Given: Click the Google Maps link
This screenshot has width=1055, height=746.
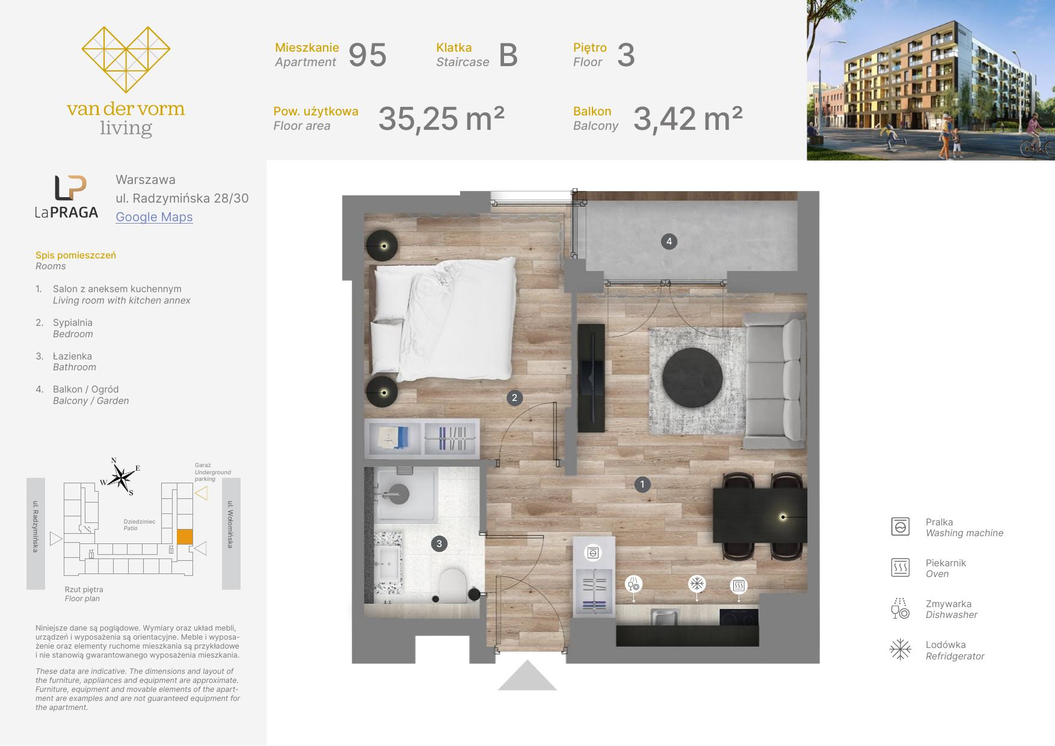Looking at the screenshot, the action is point(154,217).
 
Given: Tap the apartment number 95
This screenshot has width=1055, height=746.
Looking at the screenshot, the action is point(368,55).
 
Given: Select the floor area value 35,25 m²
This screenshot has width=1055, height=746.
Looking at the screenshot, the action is point(441,118).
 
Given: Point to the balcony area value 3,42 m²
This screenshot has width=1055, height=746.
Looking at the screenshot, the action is point(687,118).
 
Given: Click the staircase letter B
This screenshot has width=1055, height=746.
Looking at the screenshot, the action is point(508,55).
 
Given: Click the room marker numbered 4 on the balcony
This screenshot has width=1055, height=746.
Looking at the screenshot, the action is point(669,242).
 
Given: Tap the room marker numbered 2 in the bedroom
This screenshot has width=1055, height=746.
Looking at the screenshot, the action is point(514,397).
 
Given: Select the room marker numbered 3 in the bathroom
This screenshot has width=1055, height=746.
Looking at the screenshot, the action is point(439,544).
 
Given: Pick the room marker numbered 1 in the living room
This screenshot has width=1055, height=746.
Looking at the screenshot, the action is point(642,485).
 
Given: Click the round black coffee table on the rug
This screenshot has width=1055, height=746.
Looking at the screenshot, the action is point(692,377).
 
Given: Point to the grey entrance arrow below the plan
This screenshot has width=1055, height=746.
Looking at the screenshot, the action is point(527,675).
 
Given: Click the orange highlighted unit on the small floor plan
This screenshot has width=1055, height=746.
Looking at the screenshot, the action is point(185,536).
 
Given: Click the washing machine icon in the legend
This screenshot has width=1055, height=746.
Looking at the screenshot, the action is point(900,527).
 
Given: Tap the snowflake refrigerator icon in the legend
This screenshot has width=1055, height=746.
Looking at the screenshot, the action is point(900,649).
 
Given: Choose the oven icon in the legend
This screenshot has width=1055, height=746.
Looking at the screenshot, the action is point(900,567).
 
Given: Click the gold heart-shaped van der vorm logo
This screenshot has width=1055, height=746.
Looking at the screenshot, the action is point(126,60).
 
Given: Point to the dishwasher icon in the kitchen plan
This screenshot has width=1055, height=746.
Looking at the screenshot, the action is point(634,584).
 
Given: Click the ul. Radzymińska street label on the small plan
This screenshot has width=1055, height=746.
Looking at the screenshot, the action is point(35,526).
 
